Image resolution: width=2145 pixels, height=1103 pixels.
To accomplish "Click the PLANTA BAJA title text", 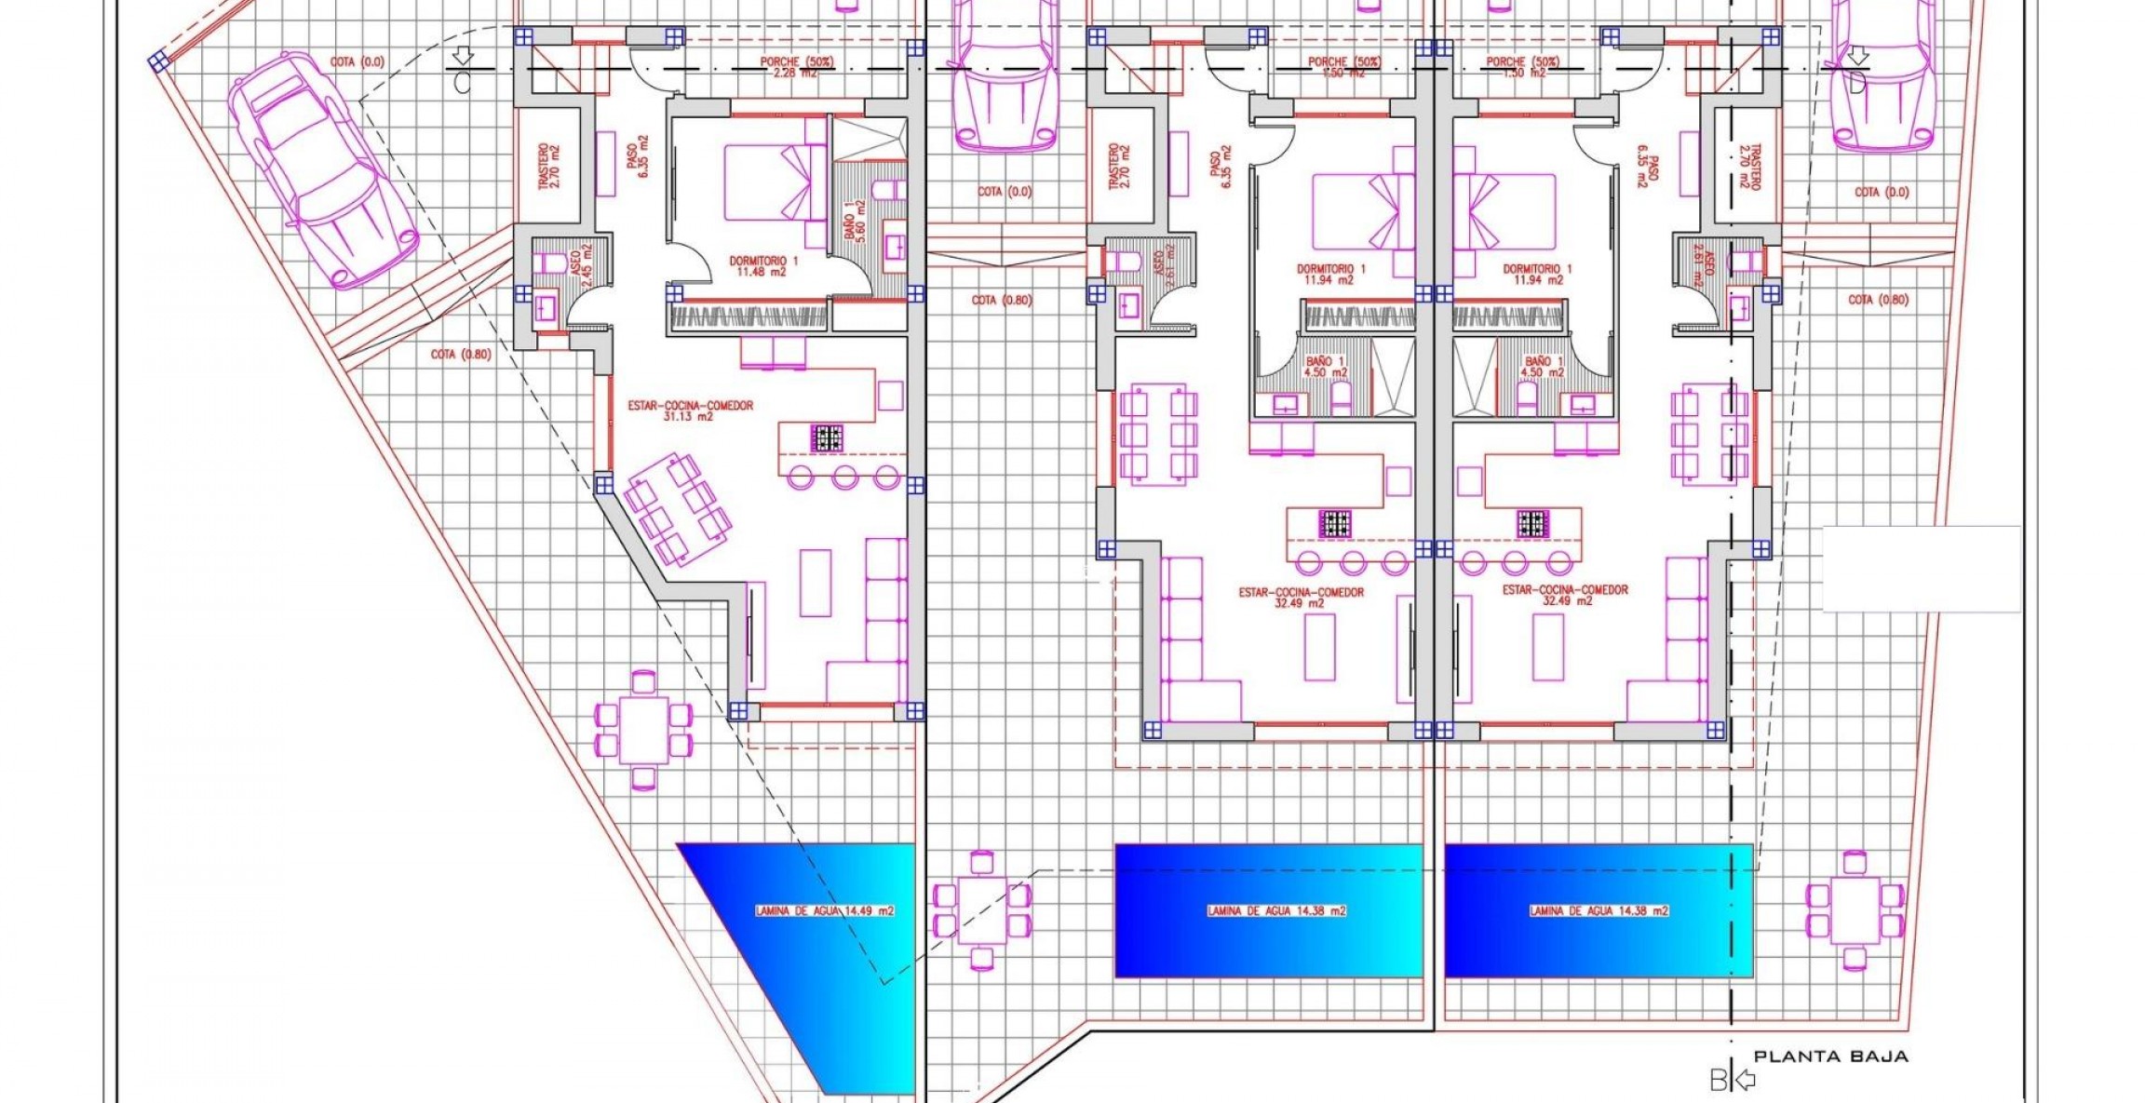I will pos(1830,1056).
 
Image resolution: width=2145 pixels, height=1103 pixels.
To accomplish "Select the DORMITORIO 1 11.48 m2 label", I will pos(762,267).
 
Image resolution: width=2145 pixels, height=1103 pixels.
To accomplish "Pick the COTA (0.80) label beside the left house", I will pos(461,355).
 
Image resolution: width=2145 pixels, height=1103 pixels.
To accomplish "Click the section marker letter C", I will pos(463,82).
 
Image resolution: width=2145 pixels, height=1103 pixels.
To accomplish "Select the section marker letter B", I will pos(1718,1081).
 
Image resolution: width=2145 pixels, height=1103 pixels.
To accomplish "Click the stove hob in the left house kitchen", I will pos(826,437).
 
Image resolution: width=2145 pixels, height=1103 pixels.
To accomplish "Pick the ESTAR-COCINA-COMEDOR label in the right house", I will pos(1565,595).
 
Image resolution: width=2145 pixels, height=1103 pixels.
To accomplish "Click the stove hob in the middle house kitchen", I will pos(1335,524).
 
